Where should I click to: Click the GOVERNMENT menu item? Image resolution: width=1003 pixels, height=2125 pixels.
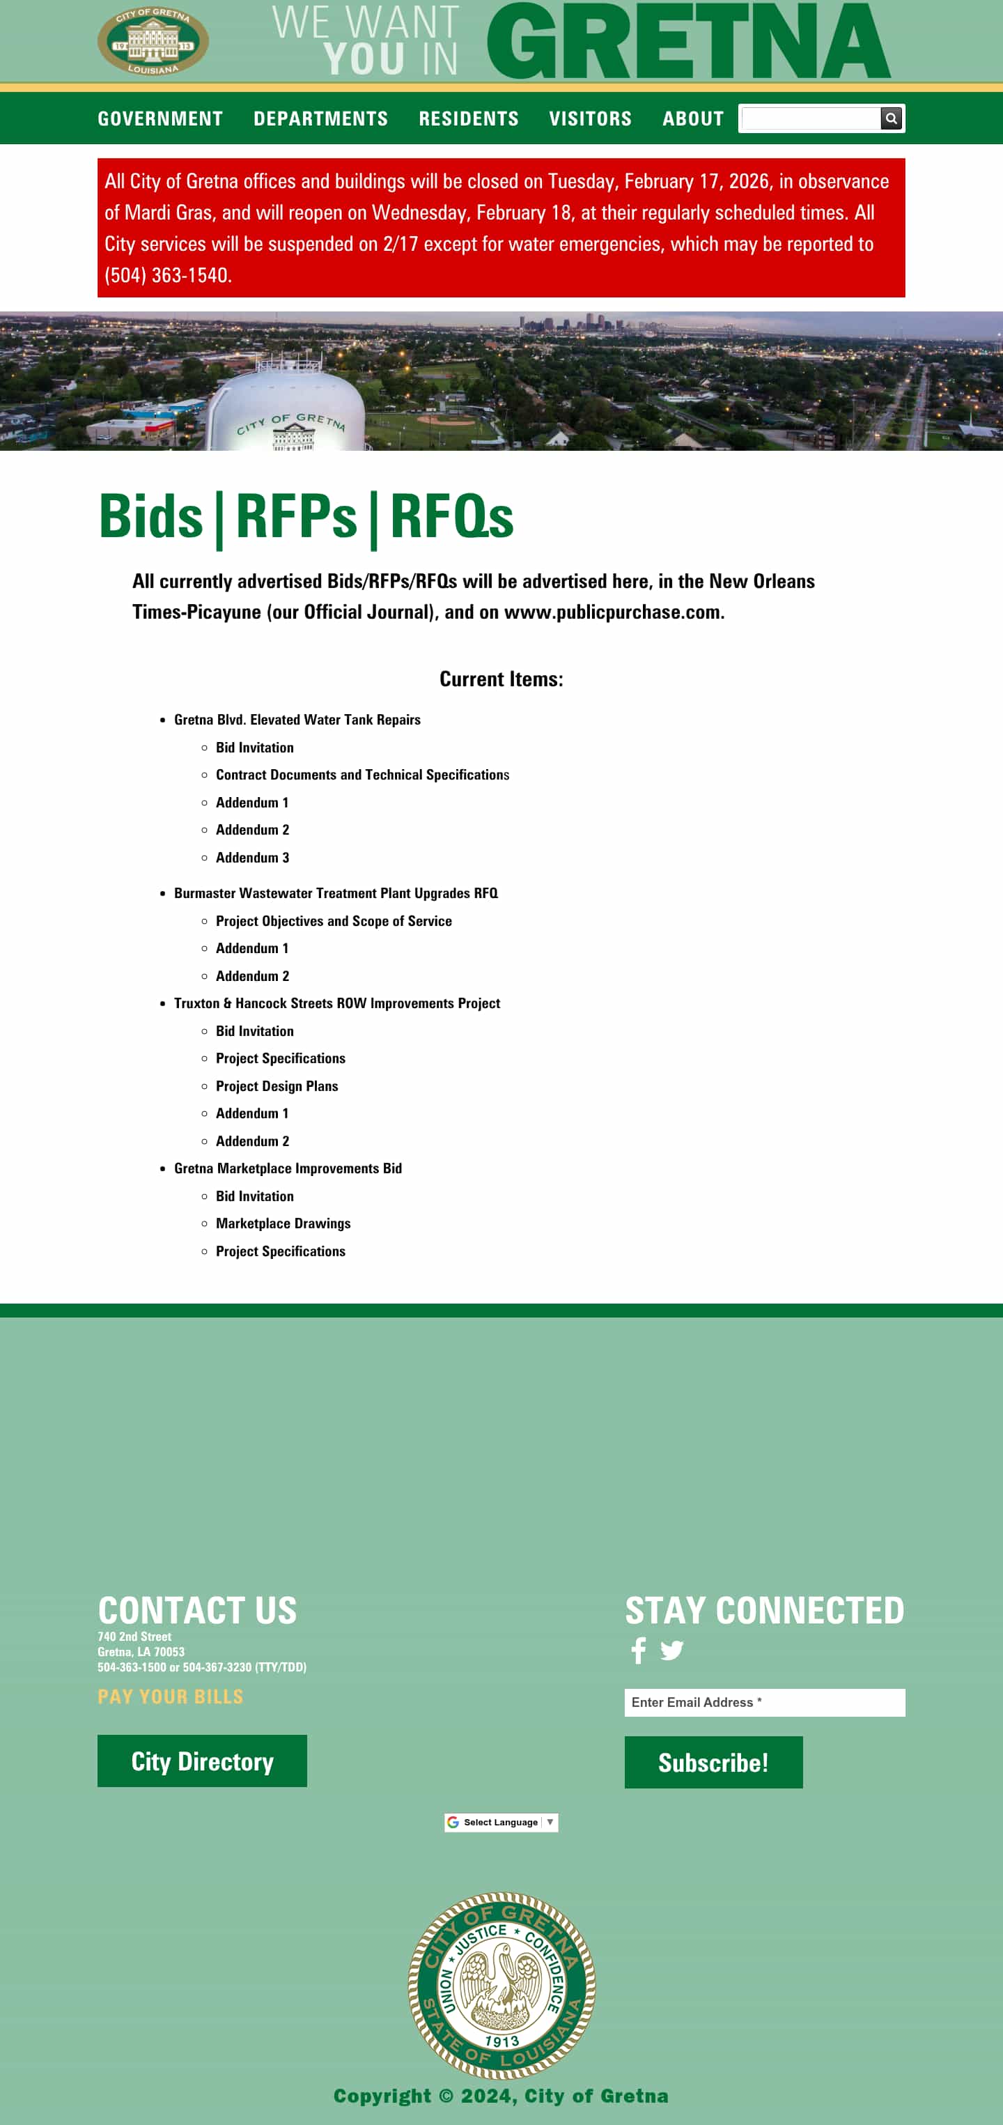[160, 118]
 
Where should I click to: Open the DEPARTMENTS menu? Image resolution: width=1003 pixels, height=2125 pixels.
[320, 118]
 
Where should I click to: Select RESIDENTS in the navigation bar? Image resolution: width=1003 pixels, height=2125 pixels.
[469, 118]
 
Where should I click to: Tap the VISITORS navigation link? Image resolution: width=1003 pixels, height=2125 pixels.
[590, 118]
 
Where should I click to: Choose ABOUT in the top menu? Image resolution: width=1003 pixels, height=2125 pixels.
[692, 118]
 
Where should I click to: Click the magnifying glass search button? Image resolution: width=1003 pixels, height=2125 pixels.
[891, 118]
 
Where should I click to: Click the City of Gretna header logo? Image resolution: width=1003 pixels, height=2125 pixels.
[153, 41]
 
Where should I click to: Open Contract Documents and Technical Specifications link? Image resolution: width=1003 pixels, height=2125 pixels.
[362, 775]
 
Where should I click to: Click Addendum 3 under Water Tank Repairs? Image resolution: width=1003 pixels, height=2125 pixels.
[252, 857]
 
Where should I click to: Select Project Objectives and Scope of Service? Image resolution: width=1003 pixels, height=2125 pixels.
[333, 920]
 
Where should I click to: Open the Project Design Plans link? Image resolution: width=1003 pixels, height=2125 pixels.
[277, 1085]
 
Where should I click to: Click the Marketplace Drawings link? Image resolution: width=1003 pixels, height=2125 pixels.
[283, 1223]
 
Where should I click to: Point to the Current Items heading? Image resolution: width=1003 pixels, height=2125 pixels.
[501, 679]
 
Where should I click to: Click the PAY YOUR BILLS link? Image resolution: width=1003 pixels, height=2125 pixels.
[170, 1697]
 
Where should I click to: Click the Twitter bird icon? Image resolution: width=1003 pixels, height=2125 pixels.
[671, 1650]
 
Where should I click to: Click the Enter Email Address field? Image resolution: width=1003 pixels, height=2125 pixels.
[764, 1702]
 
